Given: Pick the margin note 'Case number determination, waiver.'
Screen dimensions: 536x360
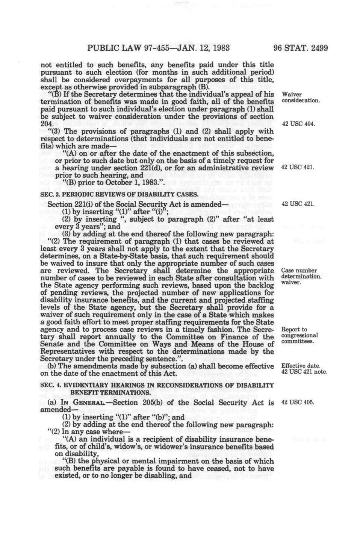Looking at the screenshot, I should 301,276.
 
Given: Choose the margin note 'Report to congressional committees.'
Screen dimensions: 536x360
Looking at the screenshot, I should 299,335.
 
